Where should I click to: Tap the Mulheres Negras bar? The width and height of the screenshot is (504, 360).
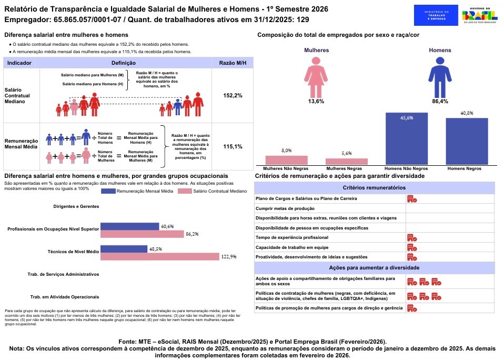347,161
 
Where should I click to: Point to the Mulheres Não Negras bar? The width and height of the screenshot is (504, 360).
286,160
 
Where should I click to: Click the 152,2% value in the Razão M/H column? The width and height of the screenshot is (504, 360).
233,95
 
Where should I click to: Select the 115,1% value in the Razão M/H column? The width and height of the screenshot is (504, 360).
233,146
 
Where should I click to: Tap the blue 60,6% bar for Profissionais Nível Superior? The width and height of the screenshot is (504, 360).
129,226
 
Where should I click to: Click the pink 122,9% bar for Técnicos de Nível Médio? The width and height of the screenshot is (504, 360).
159,256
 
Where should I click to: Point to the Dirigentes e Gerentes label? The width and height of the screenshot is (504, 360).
76,206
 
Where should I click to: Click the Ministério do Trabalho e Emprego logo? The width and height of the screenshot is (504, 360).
436,16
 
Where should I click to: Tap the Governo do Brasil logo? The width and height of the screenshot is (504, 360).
480,16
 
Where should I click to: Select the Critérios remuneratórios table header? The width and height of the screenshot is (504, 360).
374,187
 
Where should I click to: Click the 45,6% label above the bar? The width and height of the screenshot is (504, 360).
406,118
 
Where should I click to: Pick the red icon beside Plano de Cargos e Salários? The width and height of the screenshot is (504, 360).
412,199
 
